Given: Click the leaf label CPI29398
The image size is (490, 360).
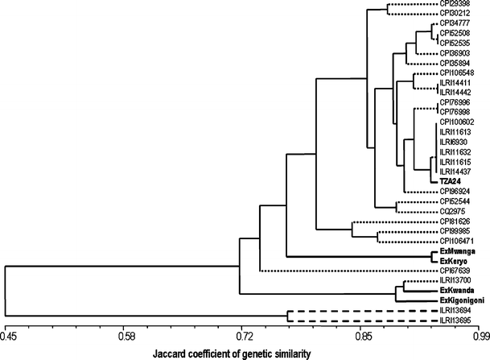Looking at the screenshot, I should tap(455, 6).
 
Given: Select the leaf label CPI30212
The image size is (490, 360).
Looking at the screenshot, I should tap(455, 15).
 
